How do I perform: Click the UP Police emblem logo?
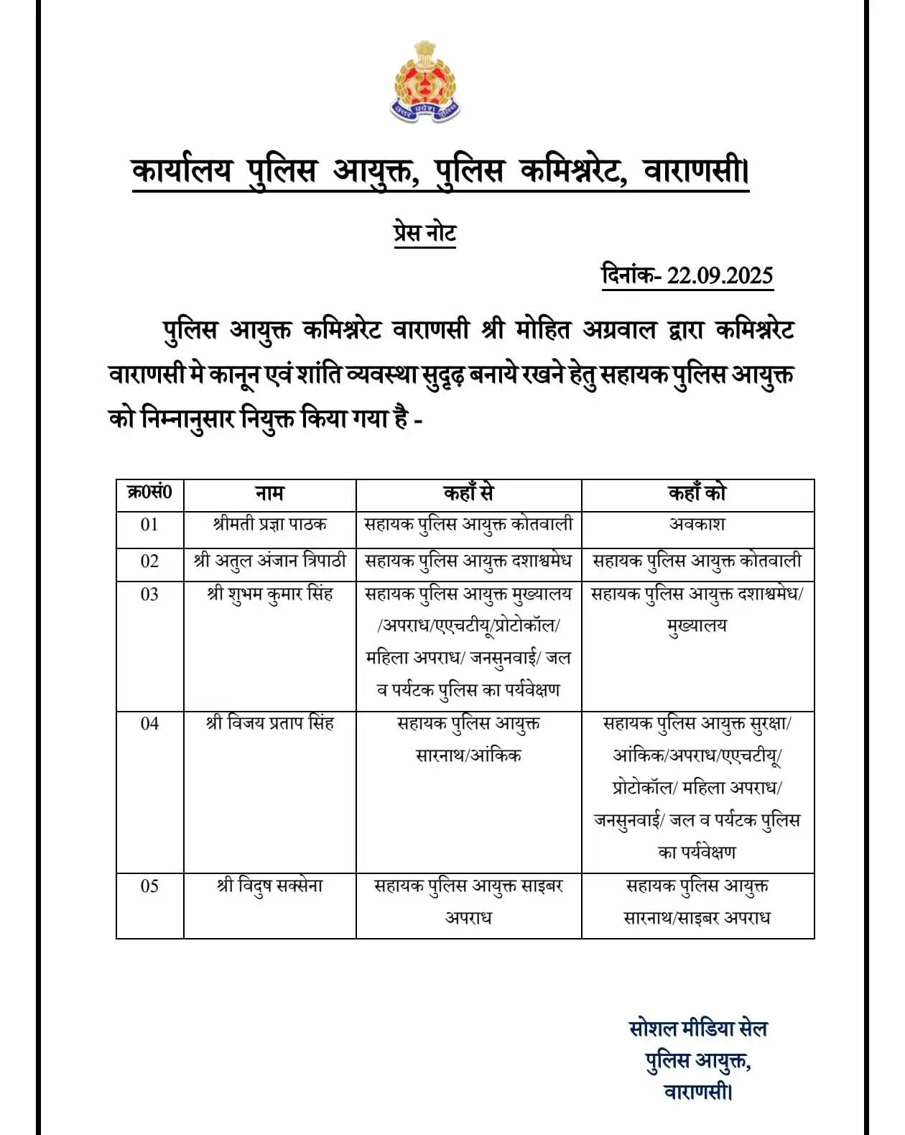tap(425, 81)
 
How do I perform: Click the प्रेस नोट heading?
tap(424, 234)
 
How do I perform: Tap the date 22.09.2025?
tap(720, 275)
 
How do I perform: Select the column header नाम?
tap(269, 494)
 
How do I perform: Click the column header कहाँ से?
tap(468, 494)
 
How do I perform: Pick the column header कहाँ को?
tap(697, 494)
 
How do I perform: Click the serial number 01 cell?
tap(149, 525)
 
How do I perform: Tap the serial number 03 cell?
tap(149, 594)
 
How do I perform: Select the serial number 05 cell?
tap(149, 886)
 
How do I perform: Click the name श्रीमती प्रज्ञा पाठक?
tap(269, 525)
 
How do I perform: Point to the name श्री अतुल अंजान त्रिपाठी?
tap(269, 561)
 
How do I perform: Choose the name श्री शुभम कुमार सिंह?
tap(269, 594)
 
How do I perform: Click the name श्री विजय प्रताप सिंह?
tap(269, 723)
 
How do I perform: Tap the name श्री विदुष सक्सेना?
tap(269, 886)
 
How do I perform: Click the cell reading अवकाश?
tap(697, 525)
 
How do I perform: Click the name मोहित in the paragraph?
tap(543, 331)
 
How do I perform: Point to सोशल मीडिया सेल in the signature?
tap(697, 1029)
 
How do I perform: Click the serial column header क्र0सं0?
tap(149, 493)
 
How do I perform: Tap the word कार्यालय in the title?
tap(182, 173)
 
